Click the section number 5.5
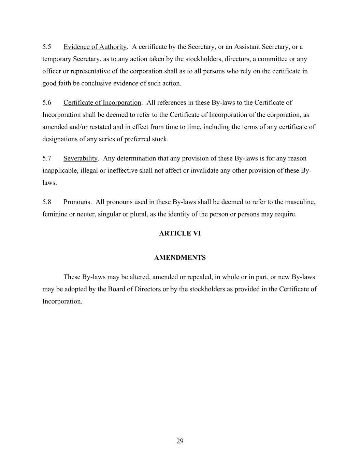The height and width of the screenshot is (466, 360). [x=47, y=47]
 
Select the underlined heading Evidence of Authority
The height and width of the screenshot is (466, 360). [x=95, y=47]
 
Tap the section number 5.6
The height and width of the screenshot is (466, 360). [x=47, y=103]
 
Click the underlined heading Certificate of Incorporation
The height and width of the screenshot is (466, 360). [x=102, y=103]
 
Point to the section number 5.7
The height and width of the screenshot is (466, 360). [x=47, y=158]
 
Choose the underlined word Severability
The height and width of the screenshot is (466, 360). [x=80, y=158]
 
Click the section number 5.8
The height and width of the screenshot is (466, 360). [x=47, y=202]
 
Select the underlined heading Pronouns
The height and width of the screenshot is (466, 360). [x=77, y=202]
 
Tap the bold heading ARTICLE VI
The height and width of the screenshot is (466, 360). [x=180, y=234]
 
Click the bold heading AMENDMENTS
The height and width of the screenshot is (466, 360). [x=180, y=258]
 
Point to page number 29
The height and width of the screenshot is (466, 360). [x=180, y=441]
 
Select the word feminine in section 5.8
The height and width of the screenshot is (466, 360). [x=55, y=214]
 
